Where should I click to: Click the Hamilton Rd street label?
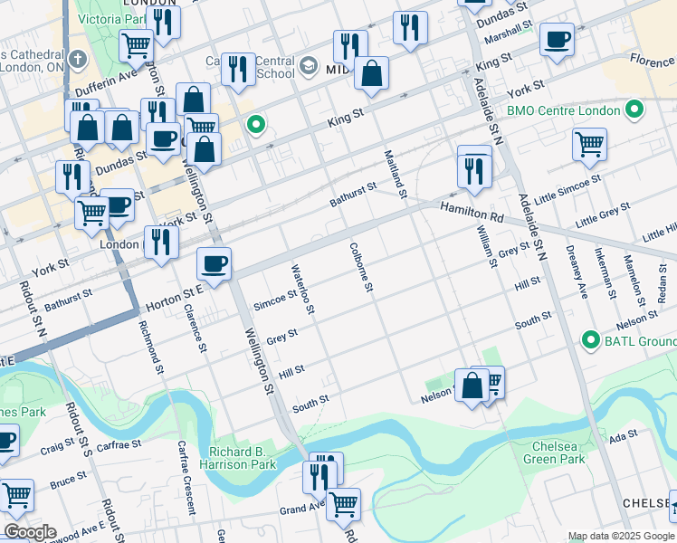tap(472, 213)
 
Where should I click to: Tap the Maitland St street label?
tap(396, 172)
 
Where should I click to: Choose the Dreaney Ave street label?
tap(580, 276)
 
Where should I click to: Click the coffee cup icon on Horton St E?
tap(215, 263)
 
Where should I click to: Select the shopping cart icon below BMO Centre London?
tap(589, 143)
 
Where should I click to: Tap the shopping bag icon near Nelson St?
tap(472, 386)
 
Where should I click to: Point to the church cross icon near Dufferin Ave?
tap(78, 61)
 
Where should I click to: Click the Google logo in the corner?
tap(29, 531)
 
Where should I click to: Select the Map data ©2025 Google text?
tap(621, 536)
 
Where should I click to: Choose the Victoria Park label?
tap(109, 18)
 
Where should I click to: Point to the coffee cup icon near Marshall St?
tap(557, 40)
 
